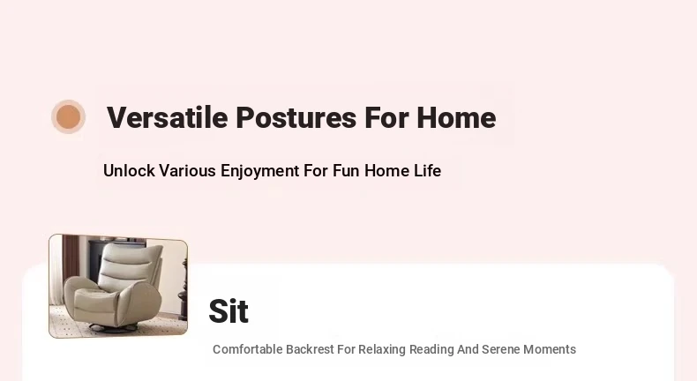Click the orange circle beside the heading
[68, 117]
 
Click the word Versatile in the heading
[167, 118]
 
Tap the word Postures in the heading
[296, 118]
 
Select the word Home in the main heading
[456, 118]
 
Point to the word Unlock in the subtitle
[129, 171]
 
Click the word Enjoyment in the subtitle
[260, 171]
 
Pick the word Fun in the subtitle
[346, 171]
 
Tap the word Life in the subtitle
[428, 171]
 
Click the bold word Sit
[229, 310]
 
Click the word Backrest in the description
[310, 349]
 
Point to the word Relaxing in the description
[382, 349]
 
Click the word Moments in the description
[550, 349]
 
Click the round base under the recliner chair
[113, 328]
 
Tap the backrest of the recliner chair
[128, 266]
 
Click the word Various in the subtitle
[187, 171]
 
